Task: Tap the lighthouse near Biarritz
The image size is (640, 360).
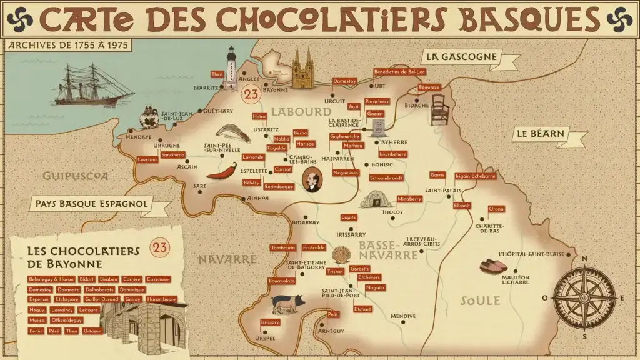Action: [x=231, y=67]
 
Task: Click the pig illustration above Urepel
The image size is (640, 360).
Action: [x=288, y=303]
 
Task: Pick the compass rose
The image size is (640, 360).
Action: [x=584, y=297]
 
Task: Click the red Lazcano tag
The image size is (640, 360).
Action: [x=147, y=159]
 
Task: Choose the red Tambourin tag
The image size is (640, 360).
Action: [x=282, y=247]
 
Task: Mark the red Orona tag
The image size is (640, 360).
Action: [x=496, y=208]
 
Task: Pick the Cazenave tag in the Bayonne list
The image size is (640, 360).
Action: [x=157, y=279]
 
